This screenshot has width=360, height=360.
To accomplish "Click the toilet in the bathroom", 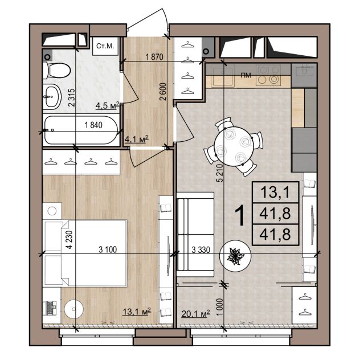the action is (x=57, y=70).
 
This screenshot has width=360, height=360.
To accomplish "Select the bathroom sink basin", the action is (x=52, y=97).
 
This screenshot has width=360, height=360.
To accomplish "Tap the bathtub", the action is (x=81, y=130).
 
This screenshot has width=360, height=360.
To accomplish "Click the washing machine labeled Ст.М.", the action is (x=105, y=46).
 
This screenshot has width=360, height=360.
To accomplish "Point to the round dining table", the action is (x=234, y=147).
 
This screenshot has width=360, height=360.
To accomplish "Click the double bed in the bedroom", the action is (x=85, y=253).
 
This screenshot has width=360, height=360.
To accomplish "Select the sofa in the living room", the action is (x=195, y=234).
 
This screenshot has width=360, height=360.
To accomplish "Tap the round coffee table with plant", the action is (x=235, y=256).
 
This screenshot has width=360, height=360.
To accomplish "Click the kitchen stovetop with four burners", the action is (x=268, y=75).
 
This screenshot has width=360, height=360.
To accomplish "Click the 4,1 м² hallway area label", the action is (x=136, y=139).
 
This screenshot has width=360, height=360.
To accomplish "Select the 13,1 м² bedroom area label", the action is (x=137, y=312).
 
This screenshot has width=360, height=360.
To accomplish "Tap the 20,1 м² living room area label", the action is (x=195, y=313).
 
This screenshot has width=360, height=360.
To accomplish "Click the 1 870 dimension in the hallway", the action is (x=154, y=57).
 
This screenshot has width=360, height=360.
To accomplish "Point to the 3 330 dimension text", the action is (x=201, y=250).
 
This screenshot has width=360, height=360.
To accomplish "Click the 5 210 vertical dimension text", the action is (x=220, y=173).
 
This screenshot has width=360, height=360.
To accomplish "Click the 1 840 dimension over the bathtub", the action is (x=93, y=125).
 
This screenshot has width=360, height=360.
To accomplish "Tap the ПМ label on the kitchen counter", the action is (x=246, y=75).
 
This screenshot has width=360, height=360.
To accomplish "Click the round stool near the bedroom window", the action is (x=73, y=309).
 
